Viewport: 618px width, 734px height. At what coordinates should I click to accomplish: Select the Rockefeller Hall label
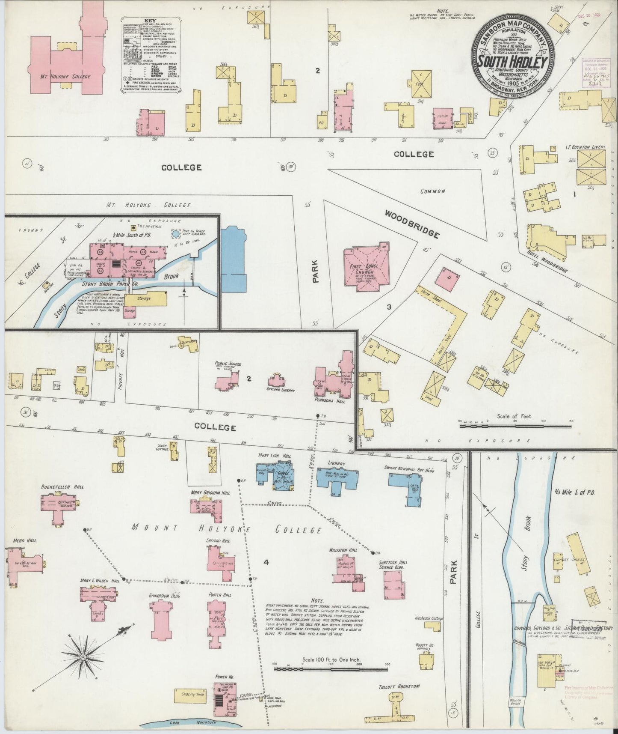62,487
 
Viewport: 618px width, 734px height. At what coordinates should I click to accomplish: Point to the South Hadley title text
513,62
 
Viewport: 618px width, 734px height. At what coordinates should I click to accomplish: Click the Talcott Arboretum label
399,686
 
